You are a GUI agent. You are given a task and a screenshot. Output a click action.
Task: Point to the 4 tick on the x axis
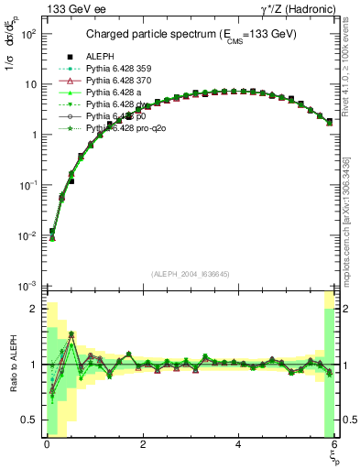click(x=238, y=444)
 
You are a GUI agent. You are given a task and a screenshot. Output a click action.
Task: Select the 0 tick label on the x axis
click(x=47, y=444)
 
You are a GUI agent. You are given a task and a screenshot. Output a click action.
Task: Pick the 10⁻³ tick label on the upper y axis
click(x=30, y=286)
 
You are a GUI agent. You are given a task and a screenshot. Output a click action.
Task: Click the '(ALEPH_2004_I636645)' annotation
click(x=191, y=273)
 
